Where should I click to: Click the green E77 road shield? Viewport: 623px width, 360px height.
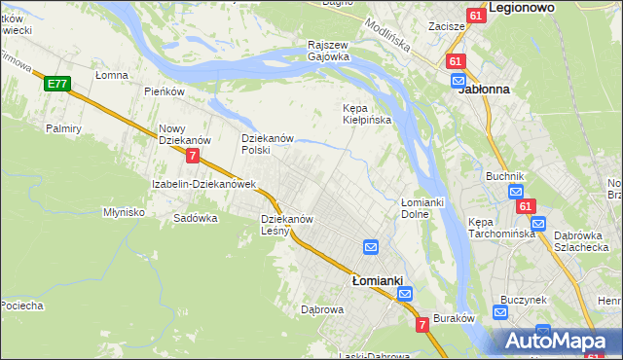point(56,85)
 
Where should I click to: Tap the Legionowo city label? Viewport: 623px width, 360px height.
point(522,7)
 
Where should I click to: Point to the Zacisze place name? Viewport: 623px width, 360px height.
point(446,27)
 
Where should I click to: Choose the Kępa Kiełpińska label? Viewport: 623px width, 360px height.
point(367,114)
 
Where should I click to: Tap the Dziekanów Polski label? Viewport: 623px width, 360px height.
point(268,144)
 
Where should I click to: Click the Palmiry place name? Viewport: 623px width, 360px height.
point(63,127)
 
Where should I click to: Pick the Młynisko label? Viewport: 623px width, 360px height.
point(124,211)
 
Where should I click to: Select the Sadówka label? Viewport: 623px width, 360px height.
point(195,218)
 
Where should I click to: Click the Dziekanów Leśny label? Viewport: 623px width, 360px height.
point(286,225)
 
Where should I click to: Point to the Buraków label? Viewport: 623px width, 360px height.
point(453,317)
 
